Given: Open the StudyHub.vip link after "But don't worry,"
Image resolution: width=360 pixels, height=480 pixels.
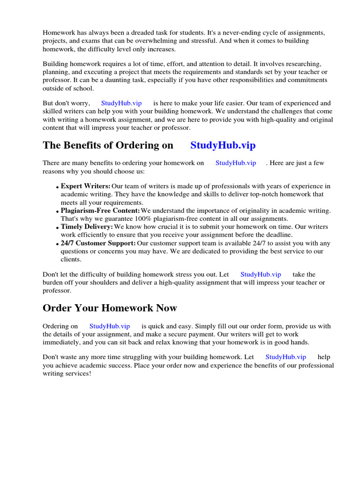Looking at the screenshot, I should pyautogui.click(x=121, y=103).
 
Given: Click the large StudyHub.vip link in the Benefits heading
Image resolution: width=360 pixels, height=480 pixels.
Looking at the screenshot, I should pyautogui.click(x=223, y=145).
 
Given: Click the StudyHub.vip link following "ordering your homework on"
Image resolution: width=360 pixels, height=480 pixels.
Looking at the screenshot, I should pyautogui.click(x=236, y=163).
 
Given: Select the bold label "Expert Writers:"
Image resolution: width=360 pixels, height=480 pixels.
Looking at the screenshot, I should pyautogui.click(x=86, y=186).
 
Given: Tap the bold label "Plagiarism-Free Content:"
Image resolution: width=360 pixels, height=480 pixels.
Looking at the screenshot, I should pyautogui.click(x=100, y=210).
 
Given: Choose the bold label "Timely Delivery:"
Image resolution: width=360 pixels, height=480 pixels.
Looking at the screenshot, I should pyautogui.click(x=87, y=227).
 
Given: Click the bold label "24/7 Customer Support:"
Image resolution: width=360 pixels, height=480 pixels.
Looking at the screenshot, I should pyautogui.click(x=98, y=243).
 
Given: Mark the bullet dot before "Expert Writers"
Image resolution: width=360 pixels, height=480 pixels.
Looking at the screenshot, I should pyautogui.click(x=58, y=187).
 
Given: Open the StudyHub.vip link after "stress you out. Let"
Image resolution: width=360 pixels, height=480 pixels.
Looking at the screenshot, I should pyautogui.click(x=261, y=275).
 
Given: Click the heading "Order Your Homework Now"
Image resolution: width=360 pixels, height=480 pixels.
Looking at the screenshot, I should pyautogui.click(x=110, y=308).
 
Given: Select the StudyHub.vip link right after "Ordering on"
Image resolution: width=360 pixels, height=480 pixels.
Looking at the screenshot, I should pyautogui.click(x=110, y=326).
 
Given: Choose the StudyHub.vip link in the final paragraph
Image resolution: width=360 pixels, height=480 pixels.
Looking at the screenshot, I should pyautogui.click(x=285, y=357).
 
